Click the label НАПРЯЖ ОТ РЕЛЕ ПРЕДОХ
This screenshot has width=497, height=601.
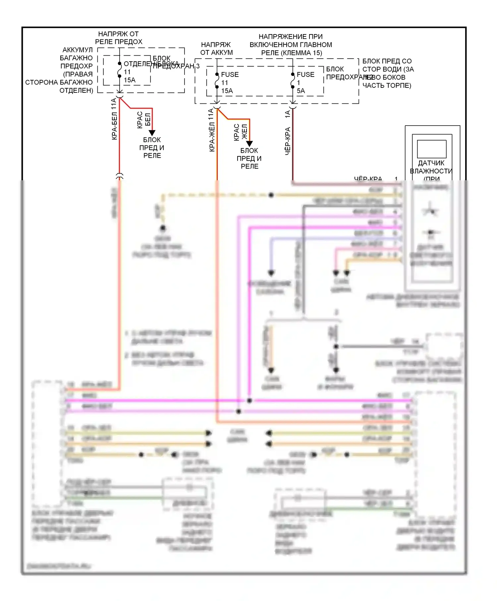119,38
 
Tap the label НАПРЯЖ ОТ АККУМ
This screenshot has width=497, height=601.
216,48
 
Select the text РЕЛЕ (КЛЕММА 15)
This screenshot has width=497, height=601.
291,53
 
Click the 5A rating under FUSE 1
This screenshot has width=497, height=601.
301,91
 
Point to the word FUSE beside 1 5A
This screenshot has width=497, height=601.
305,75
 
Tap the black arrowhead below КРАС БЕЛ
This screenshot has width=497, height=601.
152,133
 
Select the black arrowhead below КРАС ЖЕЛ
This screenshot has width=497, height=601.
249,143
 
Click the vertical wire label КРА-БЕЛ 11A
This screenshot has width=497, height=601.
114,119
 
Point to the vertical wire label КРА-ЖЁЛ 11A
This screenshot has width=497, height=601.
212,130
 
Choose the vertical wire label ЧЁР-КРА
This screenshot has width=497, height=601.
288,141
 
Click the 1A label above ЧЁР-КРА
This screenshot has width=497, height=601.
288,114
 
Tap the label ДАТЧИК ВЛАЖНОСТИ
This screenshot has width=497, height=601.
431,167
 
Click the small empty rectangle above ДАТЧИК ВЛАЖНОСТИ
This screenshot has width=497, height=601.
431,149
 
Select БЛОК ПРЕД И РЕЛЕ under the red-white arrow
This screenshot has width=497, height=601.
152,147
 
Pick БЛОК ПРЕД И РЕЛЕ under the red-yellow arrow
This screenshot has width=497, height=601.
249,158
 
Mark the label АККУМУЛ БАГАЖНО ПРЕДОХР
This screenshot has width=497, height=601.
77,58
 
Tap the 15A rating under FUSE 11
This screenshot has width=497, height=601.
227,91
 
